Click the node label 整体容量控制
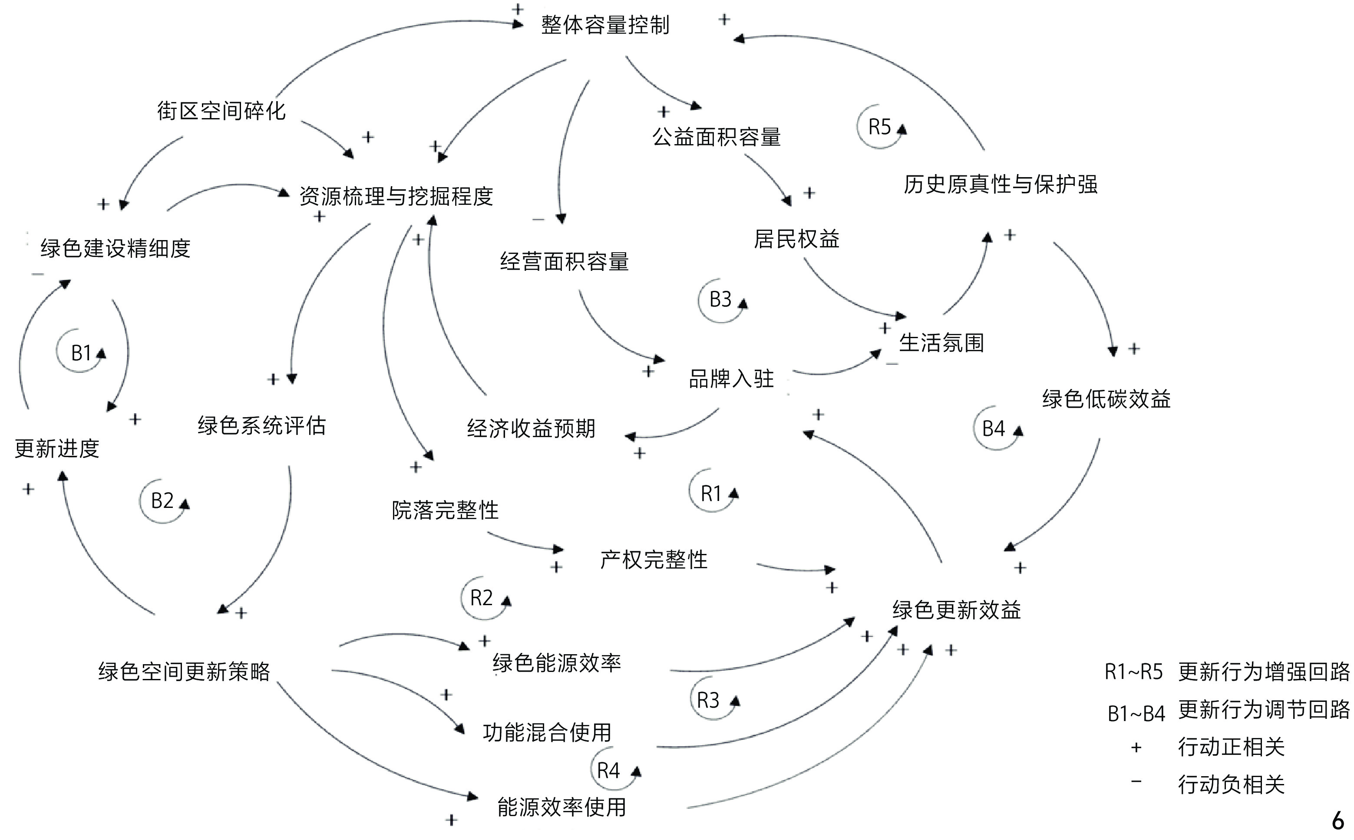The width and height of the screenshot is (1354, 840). tap(605, 25)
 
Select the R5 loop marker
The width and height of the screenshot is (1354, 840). tap(879, 127)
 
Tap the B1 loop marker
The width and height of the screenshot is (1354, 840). tap(81, 353)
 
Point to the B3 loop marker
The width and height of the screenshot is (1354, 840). tap(720, 300)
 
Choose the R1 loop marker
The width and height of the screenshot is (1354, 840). tap(711, 493)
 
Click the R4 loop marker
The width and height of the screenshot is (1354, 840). tap(608, 771)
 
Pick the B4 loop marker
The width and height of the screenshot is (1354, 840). tap(994, 428)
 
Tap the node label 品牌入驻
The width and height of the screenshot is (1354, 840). tap(731, 379)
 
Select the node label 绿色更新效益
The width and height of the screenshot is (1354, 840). tap(956, 610)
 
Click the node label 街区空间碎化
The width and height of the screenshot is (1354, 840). tap(221, 111)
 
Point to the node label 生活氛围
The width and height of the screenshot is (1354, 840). tap(941, 343)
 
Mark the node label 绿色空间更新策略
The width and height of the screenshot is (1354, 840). tap(184, 672)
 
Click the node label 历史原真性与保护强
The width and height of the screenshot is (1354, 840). tap(1001, 184)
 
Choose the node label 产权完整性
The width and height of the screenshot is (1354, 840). tap(654, 560)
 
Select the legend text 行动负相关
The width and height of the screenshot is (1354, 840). tap(1231, 784)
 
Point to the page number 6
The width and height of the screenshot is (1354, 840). tap(1338, 820)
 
